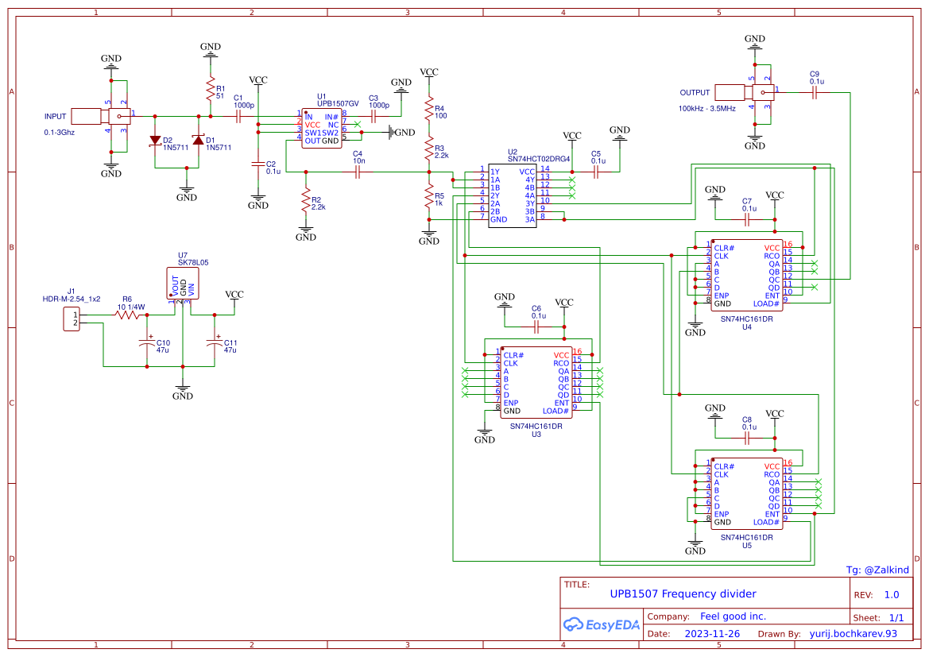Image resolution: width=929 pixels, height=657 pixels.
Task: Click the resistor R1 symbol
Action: [210, 88]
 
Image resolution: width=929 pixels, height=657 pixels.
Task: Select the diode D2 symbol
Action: [155, 141]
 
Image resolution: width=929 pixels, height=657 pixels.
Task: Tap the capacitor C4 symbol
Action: [358, 172]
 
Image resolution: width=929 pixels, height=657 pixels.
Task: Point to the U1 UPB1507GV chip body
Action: [322, 128]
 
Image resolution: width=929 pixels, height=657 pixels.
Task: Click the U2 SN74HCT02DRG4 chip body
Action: [513, 195]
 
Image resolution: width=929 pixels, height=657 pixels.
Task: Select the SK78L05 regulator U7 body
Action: [183, 284]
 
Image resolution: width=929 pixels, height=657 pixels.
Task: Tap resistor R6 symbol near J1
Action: [127, 315]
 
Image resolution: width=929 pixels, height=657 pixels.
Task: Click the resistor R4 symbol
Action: [429, 107]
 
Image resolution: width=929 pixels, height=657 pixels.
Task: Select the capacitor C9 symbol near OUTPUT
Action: [815, 92]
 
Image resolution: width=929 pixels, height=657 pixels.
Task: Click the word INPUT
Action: [56, 116]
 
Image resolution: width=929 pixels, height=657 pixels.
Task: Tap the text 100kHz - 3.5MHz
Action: [706, 108]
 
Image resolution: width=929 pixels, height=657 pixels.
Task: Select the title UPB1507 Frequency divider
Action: [683, 593]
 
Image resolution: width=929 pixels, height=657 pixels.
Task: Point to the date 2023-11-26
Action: [712, 634]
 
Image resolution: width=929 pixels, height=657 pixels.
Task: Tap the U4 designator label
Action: [746, 327]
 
